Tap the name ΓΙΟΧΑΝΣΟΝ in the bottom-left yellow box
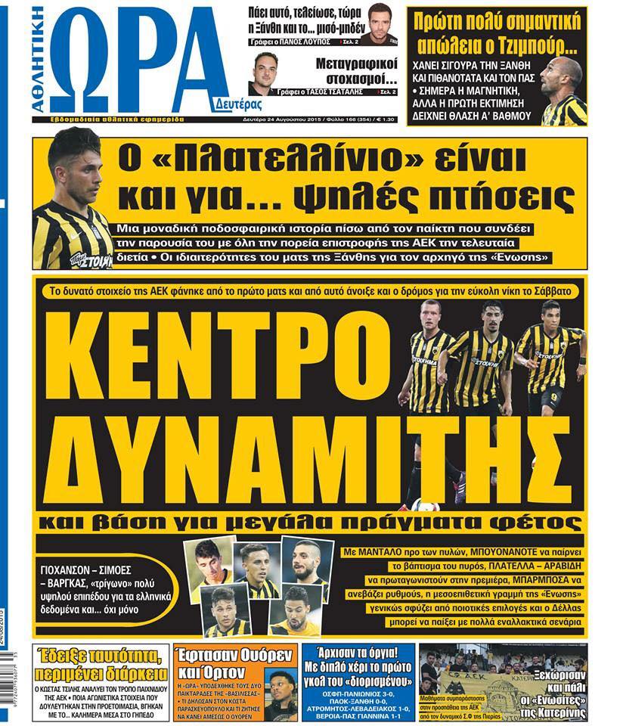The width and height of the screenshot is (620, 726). pos(70,566)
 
